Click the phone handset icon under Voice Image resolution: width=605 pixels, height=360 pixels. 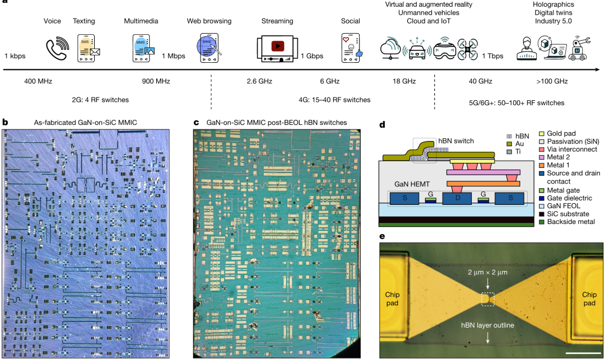(58, 49)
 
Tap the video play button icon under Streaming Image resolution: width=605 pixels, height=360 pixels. (277, 46)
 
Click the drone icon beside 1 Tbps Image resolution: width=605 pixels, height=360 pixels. (467, 49)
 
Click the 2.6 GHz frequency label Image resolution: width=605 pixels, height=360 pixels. (259, 81)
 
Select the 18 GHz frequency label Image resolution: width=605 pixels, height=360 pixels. (404, 81)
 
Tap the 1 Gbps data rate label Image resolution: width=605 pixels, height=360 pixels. (312, 56)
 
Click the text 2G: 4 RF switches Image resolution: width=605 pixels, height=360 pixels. (100, 100)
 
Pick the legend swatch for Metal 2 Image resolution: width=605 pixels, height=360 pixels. (542, 157)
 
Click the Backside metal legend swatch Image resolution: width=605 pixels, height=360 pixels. (542, 222)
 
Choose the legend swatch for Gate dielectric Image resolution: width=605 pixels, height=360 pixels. (542, 198)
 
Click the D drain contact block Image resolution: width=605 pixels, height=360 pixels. (457, 199)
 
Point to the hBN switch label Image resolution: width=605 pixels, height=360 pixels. (455, 141)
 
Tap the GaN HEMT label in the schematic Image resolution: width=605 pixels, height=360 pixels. (412, 184)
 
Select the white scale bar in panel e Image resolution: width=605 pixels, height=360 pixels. (584, 352)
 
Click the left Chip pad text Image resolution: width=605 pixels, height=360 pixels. (392, 299)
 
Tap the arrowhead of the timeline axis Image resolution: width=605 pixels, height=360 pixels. (598, 70)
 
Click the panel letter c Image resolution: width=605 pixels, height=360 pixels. (197, 123)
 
